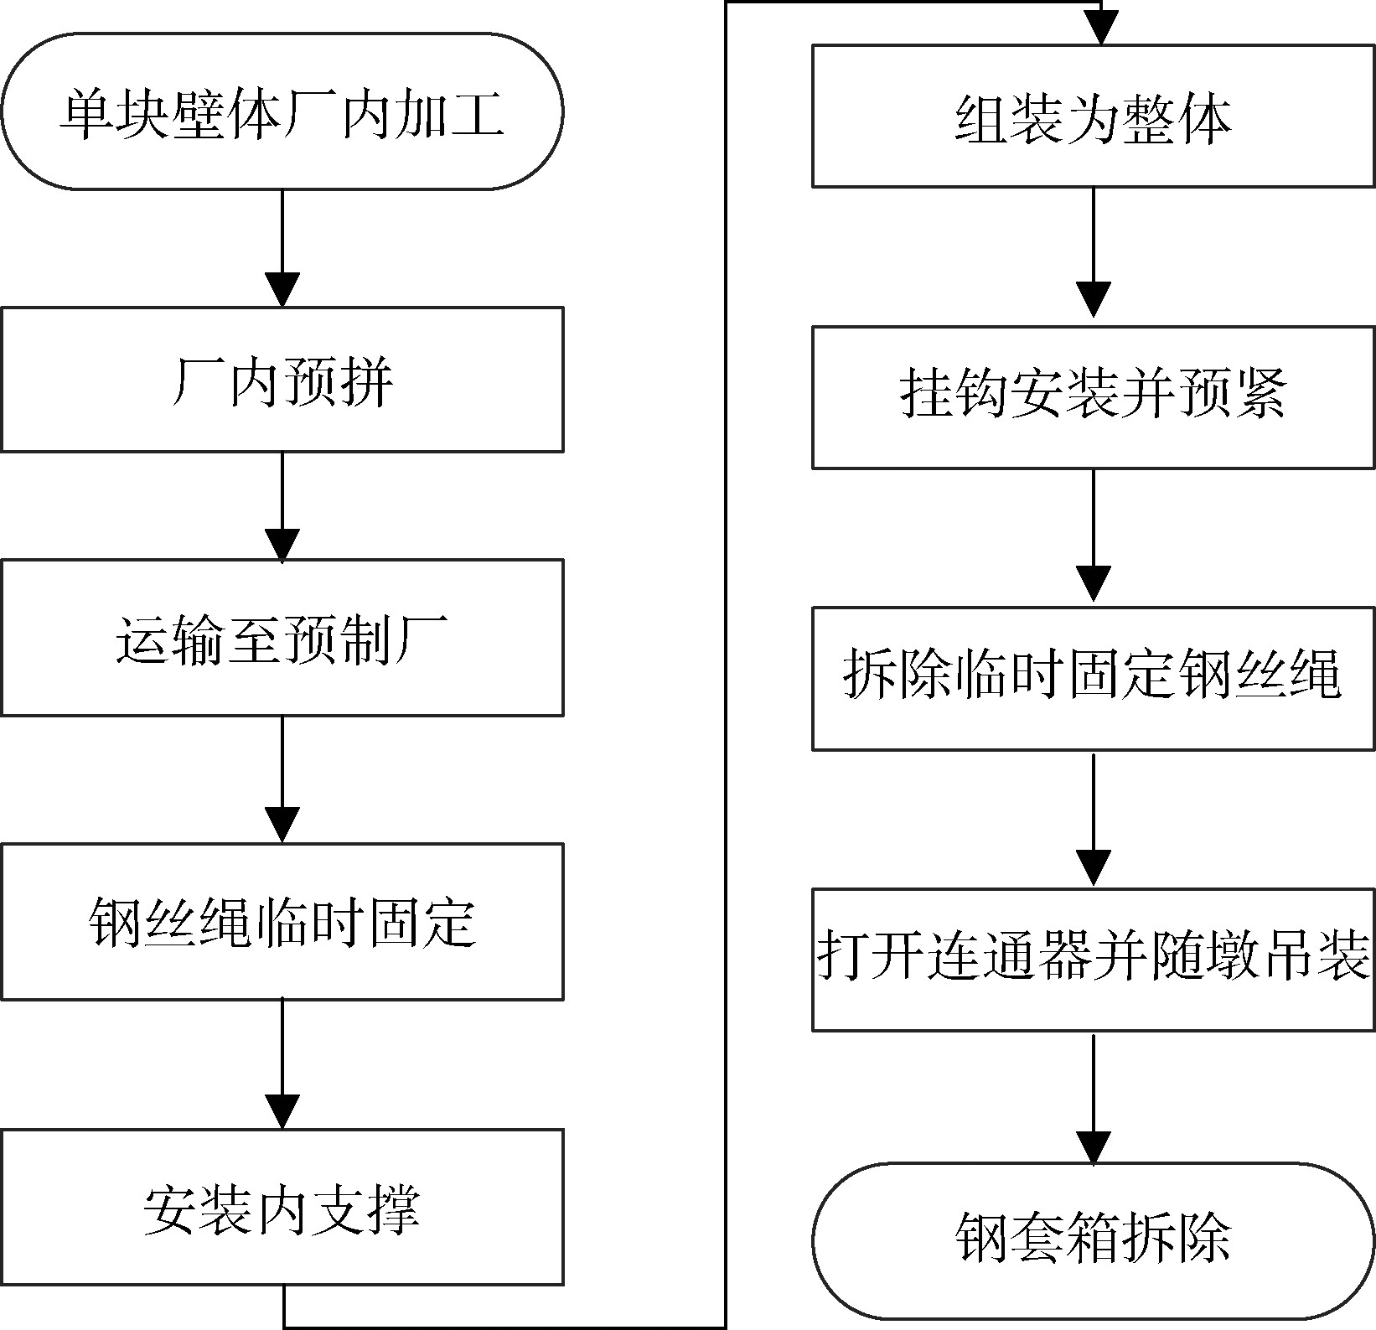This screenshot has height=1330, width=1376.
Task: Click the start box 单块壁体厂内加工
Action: coord(282,111)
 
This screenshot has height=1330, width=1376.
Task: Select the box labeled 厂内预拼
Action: coord(282,380)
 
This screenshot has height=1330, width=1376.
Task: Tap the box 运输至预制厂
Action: coord(282,638)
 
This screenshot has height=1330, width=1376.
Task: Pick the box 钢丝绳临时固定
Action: coord(282,921)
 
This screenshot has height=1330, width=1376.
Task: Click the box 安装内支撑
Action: coord(282,1207)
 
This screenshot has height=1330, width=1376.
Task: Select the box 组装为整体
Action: coord(1093,116)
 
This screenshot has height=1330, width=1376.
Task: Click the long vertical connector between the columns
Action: coord(726,670)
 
